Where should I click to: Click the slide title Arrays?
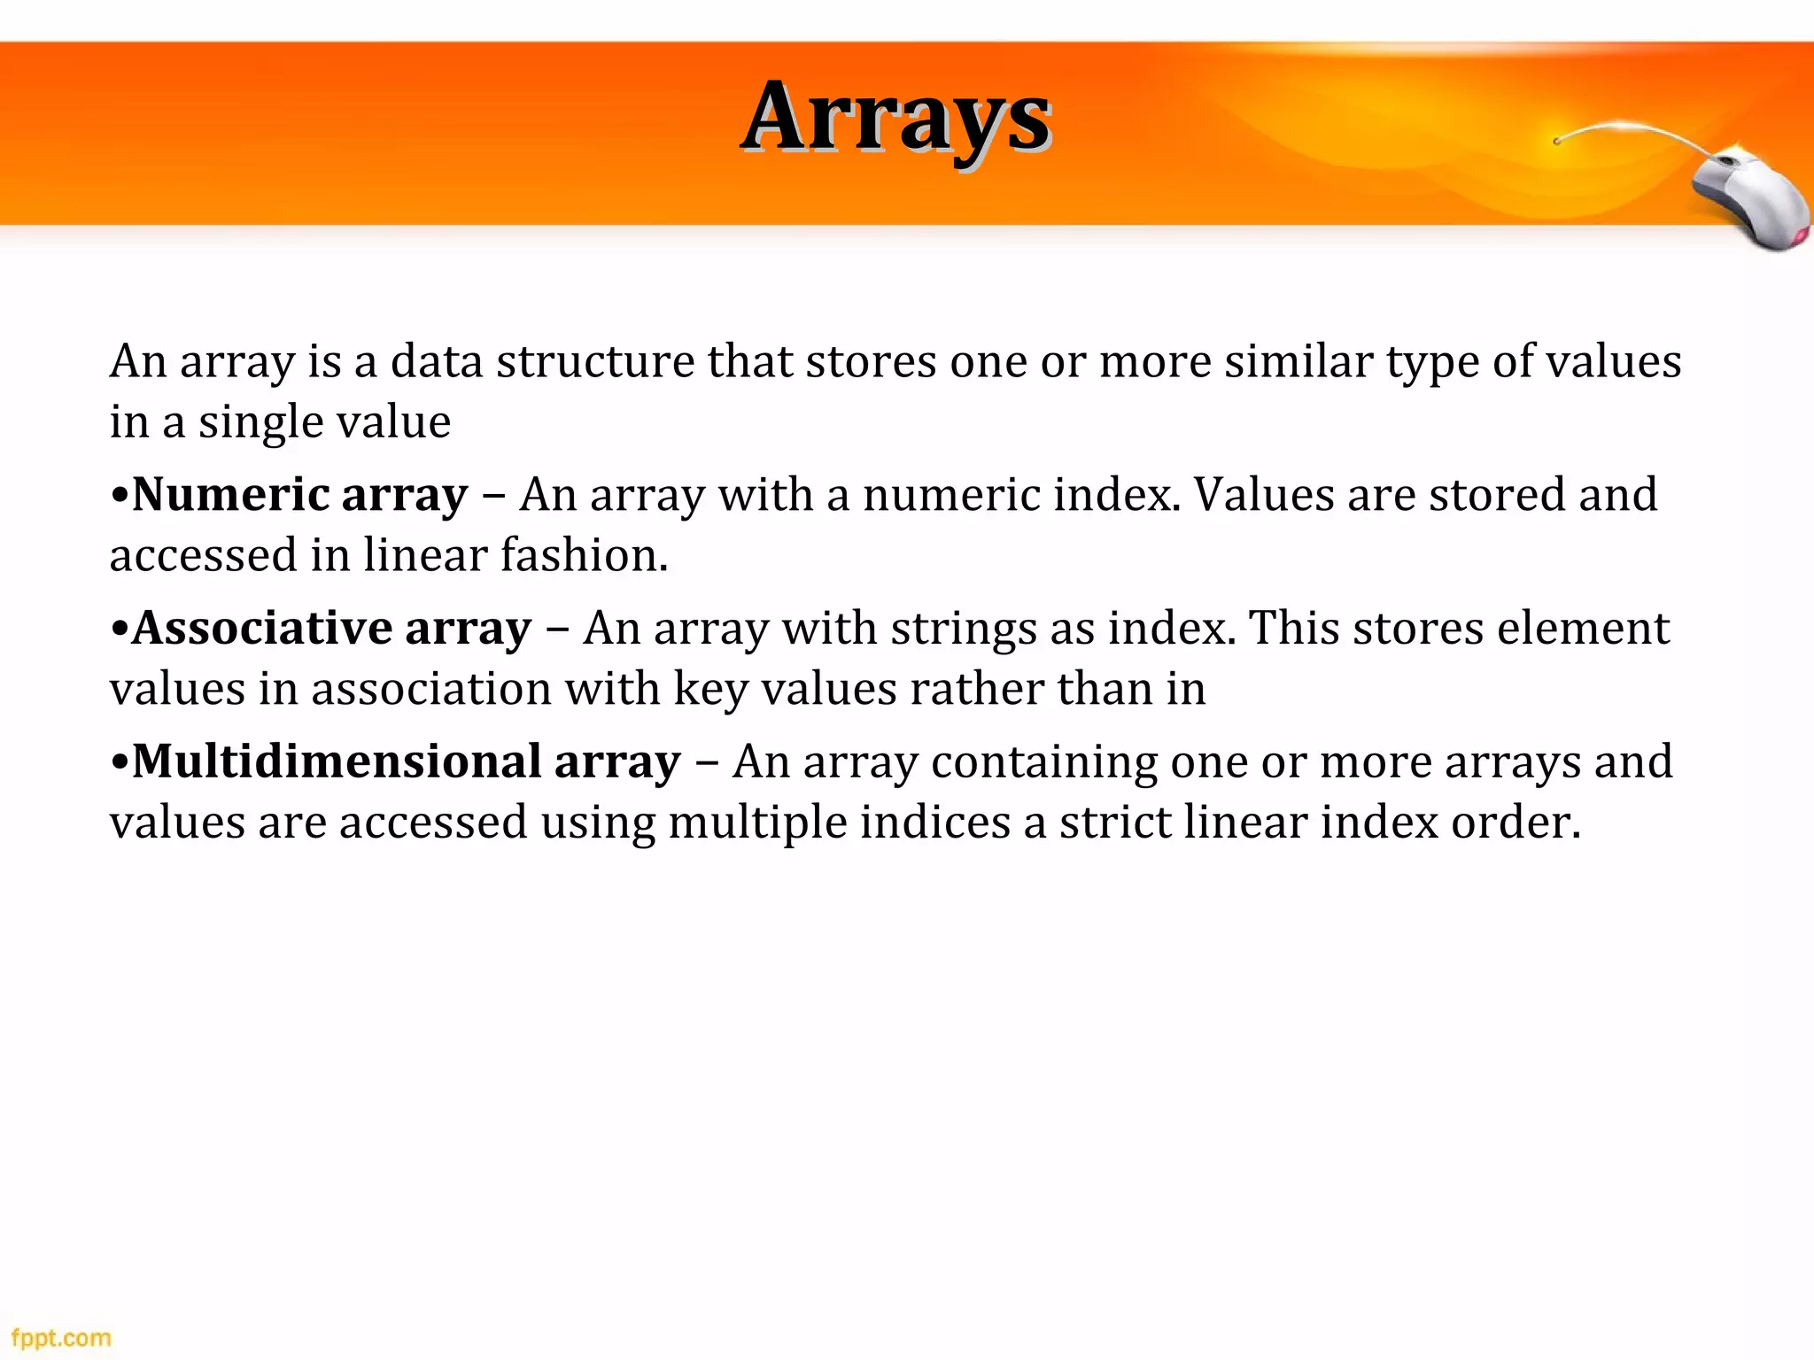pos(895,118)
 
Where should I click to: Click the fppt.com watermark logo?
pos(61,1337)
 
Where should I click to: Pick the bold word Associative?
pos(262,628)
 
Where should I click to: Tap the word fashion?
pos(584,556)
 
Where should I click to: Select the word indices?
pos(934,823)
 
